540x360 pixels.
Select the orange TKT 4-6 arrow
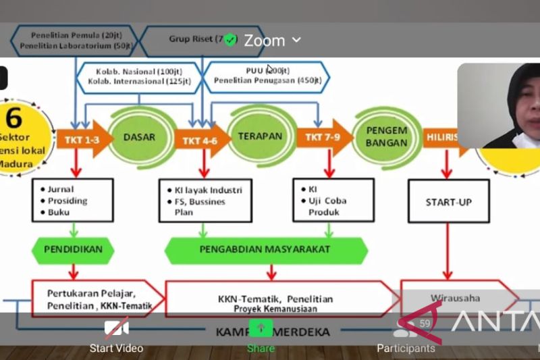click(200, 140)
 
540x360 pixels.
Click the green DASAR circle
click(139, 137)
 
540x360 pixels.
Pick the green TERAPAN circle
click(260, 136)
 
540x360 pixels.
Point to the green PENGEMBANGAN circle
click(386, 137)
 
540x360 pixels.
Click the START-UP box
click(448, 201)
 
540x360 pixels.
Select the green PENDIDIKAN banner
click(74, 249)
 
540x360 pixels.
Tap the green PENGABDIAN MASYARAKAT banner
click(265, 249)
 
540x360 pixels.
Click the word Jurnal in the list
click(61, 189)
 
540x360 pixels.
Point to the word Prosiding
click(67, 201)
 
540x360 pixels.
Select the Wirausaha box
click(456, 297)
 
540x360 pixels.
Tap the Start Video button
click(116, 336)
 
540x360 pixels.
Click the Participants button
click(406, 336)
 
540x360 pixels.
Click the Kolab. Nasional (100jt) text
click(139, 70)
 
